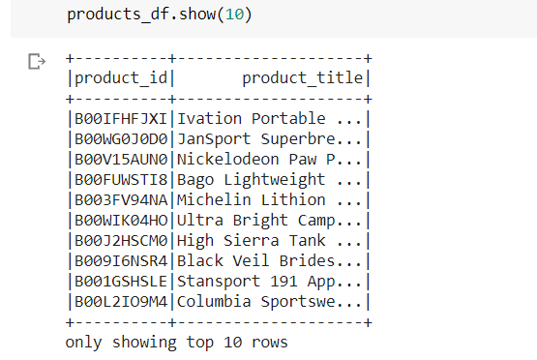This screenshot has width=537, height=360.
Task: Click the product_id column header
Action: click(121, 78)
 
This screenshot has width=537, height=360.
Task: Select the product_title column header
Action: click(302, 78)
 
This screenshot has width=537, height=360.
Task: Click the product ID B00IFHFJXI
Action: click(121, 119)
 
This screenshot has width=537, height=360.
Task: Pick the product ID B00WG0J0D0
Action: click(121, 139)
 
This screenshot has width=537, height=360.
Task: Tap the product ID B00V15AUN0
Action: click(121, 160)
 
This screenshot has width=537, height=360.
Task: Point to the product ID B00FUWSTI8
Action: click(121, 180)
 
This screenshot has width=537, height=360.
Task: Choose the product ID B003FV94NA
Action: click(121, 200)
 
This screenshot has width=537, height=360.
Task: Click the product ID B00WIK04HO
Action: click(121, 221)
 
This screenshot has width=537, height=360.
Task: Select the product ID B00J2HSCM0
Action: click(121, 241)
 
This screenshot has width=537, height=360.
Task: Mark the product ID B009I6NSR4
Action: click(121, 261)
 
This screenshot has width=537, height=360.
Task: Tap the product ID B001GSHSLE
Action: click(121, 282)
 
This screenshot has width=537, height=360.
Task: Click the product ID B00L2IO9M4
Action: click(121, 302)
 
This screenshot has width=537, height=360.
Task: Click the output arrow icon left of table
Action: click(38, 63)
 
